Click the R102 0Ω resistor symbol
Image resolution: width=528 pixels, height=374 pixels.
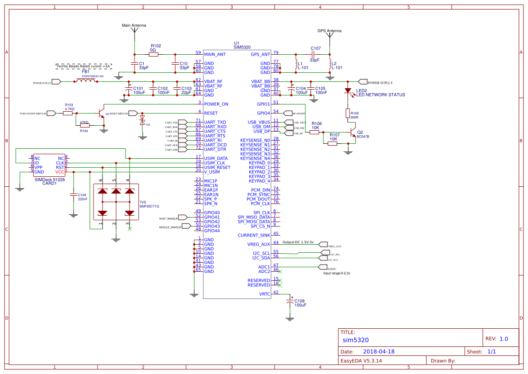(153, 54)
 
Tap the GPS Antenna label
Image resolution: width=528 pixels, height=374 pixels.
(329, 31)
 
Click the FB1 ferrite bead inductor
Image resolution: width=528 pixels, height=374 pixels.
(85, 81)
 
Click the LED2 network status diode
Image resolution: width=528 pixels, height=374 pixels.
(348, 91)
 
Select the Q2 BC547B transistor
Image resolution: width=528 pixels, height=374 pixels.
(353, 133)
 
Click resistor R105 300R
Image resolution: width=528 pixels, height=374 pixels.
(348, 113)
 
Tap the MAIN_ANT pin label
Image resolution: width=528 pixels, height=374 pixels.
(215, 54)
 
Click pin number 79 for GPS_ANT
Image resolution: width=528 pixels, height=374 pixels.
(276, 53)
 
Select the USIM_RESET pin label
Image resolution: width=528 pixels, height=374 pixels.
(217, 167)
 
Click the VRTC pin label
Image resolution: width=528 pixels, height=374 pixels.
(265, 294)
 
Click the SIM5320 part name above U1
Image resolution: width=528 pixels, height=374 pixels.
(242, 47)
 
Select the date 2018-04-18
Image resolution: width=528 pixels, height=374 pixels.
(379, 351)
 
